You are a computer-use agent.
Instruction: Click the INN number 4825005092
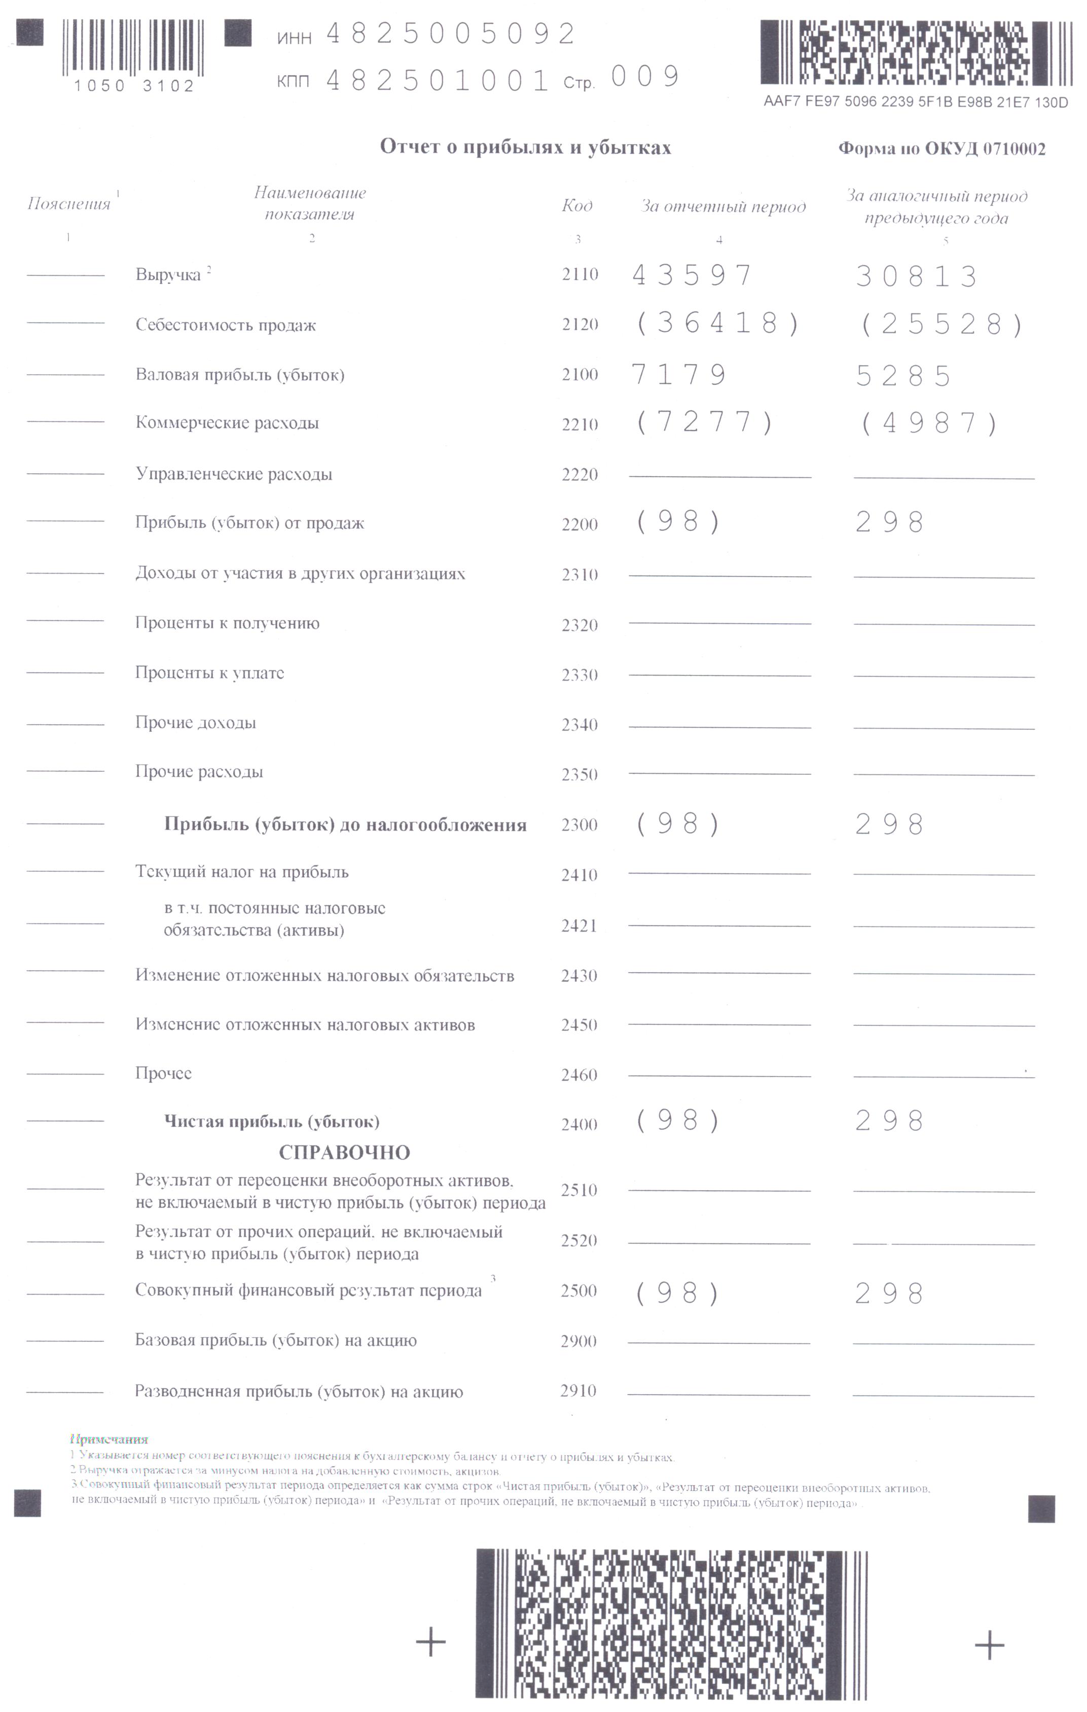[450, 34]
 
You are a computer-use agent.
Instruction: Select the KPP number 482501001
[437, 80]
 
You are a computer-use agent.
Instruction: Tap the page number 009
[645, 77]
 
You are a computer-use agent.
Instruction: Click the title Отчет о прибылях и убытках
[525, 147]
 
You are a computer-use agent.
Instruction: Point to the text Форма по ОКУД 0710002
[941, 149]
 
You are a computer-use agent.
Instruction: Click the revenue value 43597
[692, 276]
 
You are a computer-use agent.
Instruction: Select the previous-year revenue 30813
[916, 276]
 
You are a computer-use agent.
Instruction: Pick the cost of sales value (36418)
[718, 324]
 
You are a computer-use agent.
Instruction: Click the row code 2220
[579, 474]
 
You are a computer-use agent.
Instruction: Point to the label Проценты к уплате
[210, 672]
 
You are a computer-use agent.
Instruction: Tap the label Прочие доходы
[196, 722]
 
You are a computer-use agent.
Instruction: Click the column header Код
[576, 205]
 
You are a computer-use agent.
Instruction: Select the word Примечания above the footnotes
[110, 1440]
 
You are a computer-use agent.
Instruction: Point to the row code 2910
[578, 1390]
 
